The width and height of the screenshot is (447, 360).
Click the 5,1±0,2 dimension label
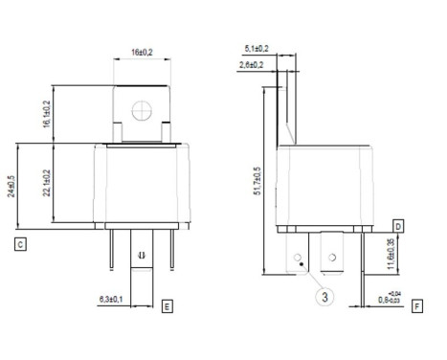point(258,47)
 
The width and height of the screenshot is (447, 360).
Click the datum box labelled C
point(20,244)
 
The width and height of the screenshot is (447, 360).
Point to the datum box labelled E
point(168,305)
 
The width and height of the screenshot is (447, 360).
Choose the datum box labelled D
point(397,224)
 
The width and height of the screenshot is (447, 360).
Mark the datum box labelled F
point(417,305)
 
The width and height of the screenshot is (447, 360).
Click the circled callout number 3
point(325,297)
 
